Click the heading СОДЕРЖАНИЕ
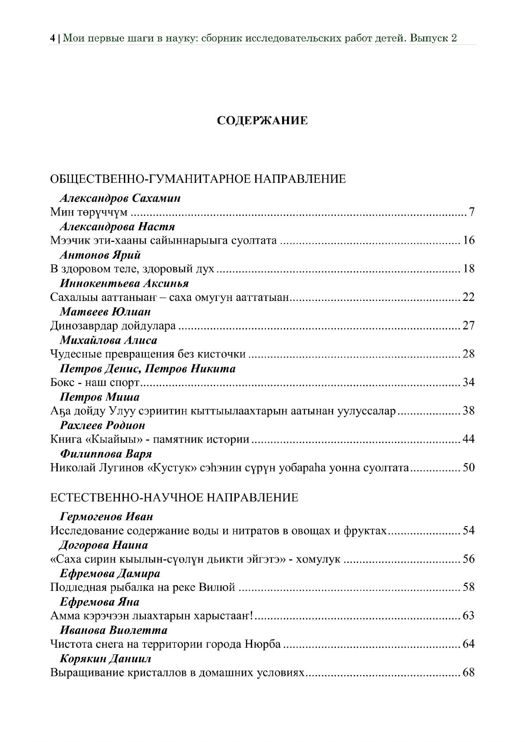point(262,121)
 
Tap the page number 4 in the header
point(52,38)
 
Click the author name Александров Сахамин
point(120,198)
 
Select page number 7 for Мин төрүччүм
point(471,212)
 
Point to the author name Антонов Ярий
point(100,255)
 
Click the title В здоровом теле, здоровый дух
point(132,269)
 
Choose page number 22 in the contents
point(469,297)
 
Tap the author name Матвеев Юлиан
point(105,312)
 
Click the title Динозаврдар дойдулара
point(113,326)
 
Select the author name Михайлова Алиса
point(108,340)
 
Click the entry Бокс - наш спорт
point(95,382)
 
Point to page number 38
point(469,411)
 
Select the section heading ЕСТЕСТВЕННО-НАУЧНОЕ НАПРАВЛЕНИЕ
point(174,498)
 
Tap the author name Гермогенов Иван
point(106,516)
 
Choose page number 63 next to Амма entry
point(469,616)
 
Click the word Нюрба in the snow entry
point(262,644)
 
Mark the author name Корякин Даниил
point(105,659)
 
